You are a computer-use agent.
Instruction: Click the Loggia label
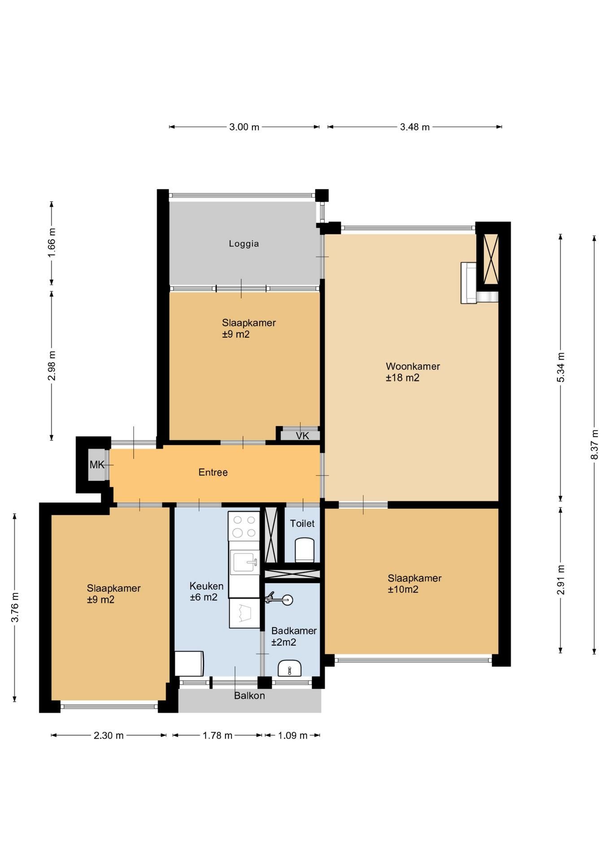pyautogui.click(x=244, y=244)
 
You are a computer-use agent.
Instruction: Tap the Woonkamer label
pyautogui.click(x=413, y=366)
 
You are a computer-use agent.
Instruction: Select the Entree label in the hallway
pyautogui.click(x=213, y=472)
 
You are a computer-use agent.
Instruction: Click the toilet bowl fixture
pyautogui.click(x=304, y=550)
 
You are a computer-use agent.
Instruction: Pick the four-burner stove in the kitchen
pyautogui.click(x=244, y=527)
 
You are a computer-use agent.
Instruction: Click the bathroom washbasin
pyautogui.click(x=290, y=668)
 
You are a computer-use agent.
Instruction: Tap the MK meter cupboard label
pyautogui.click(x=97, y=465)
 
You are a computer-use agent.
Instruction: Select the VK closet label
pyautogui.click(x=302, y=436)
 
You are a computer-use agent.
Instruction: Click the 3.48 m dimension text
pyautogui.click(x=415, y=127)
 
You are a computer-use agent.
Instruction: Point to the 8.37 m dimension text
pyautogui.click(x=595, y=444)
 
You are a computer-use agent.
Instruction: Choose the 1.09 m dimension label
pyautogui.click(x=293, y=735)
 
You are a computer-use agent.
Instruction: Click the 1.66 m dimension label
pyautogui.click(x=52, y=243)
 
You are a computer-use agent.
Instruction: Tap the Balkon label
pyautogui.click(x=249, y=695)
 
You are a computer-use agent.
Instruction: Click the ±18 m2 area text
pyautogui.click(x=403, y=378)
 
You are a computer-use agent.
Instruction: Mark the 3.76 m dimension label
pyautogui.click(x=15, y=607)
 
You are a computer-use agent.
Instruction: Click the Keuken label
pyautogui.click(x=206, y=586)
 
